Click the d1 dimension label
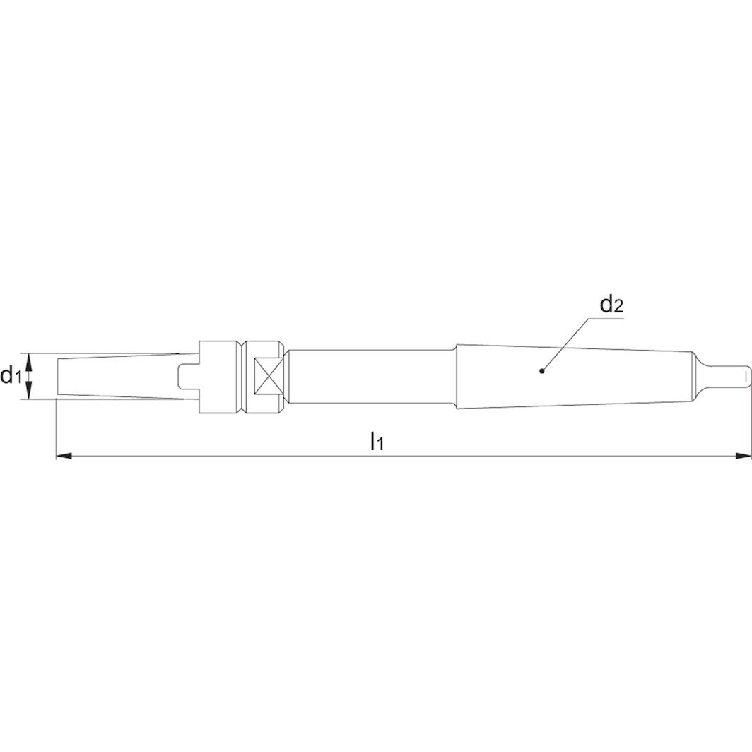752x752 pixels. (x=11, y=376)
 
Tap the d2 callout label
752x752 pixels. (x=611, y=305)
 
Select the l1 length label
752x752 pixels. (x=377, y=442)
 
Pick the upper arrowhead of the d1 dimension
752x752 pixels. (x=29, y=359)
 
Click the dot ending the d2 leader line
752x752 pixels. (x=541, y=370)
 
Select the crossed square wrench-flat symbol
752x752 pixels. (x=269, y=375)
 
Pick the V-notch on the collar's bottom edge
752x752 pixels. (x=242, y=406)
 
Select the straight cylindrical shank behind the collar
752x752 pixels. (x=371, y=375)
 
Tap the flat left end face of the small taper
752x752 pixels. (x=56, y=375)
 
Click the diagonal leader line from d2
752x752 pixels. (x=565, y=344)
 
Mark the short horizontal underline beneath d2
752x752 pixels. (x=609, y=319)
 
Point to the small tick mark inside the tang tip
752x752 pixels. (x=741, y=375)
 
